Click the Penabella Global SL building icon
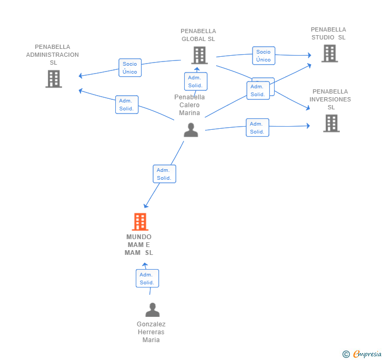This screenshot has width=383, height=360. point(199,55)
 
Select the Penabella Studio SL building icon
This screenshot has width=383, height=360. point(329,53)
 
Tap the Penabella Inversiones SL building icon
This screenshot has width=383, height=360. point(331,123)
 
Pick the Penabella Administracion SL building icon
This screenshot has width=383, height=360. point(54,79)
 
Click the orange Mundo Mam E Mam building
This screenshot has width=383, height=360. point(139,222)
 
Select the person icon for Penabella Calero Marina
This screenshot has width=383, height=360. point(190,130)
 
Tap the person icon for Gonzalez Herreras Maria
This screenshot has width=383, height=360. point(152,310)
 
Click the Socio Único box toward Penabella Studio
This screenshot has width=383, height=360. point(264,56)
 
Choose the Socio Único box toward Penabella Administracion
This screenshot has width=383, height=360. point(130,68)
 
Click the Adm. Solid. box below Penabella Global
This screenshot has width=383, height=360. point(196,81)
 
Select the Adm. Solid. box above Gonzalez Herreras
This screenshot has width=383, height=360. point(147,279)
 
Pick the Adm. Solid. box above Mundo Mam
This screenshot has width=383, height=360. point(164,174)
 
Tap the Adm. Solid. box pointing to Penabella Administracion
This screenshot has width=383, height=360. point(127,105)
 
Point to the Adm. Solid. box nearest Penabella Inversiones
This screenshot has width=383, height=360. point(257,128)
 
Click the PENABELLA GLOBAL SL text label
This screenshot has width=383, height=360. point(198,35)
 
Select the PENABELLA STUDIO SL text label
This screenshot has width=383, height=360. point(328,34)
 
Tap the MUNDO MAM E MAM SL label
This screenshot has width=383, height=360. point(139,245)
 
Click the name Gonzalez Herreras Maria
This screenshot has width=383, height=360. point(151,332)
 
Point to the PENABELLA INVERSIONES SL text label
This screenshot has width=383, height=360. point(330,99)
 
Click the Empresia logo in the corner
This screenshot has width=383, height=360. point(362,354)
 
